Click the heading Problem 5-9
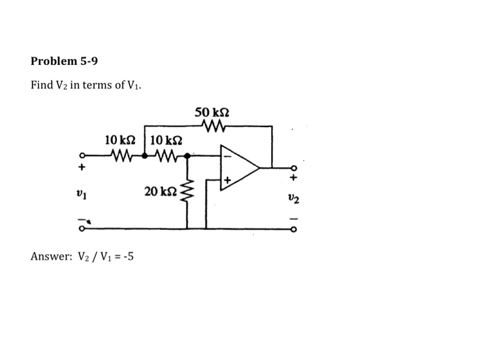click(64, 61)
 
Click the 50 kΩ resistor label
click(212, 112)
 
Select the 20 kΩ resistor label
click(160, 190)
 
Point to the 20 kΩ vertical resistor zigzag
click(187, 190)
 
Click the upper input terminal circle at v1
click(82, 155)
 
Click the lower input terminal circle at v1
click(82, 227)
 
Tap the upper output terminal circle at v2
click(292, 168)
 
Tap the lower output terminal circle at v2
click(292, 227)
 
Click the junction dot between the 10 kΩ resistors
click(144, 155)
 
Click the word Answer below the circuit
click(49, 257)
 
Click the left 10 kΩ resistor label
click(120, 140)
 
